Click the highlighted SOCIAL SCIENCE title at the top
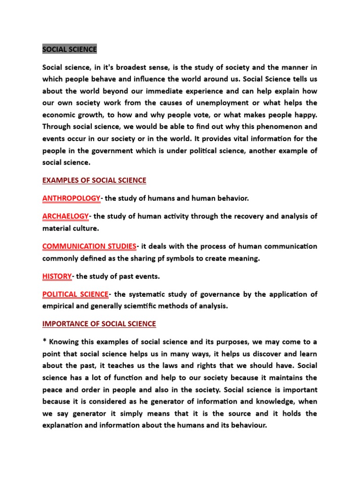pos(69,49)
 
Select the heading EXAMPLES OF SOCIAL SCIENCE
pos(94,180)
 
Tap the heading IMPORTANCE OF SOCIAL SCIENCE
pos(99,324)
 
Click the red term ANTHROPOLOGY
pos(71,198)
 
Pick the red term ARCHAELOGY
pos(66,216)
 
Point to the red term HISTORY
pos(57,276)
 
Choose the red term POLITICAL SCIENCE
pos(75,294)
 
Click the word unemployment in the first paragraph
pos(219,103)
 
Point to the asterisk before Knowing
pos(45,342)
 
